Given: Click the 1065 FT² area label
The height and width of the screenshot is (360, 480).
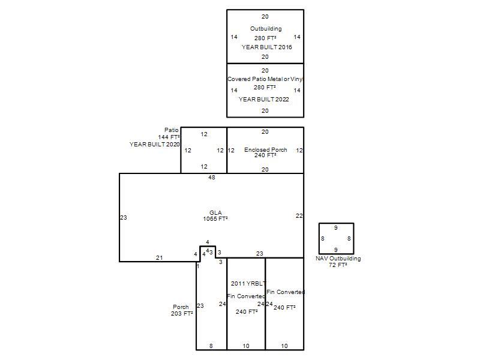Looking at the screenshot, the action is [x=215, y=218].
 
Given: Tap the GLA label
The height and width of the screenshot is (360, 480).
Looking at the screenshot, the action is [x=215, y=212].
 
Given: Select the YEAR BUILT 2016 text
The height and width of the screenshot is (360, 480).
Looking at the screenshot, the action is [x=266, y=47].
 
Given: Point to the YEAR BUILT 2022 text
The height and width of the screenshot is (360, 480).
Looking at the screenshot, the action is [x=263, y=99].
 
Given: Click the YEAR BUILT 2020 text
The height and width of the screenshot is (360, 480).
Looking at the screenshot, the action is [x=155, y=144].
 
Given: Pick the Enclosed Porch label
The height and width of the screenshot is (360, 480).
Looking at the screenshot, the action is [x=265, y=149].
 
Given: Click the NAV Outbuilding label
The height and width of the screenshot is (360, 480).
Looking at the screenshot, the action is [x=338, y=259].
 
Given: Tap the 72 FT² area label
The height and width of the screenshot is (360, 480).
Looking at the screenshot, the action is [x=338, y=265].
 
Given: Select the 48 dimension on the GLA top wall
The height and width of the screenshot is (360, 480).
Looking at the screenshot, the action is [x=212, y=177].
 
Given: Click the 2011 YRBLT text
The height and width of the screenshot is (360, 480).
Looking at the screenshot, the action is [x=248, y=283].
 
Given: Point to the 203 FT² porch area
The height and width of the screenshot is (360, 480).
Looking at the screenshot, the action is [x=182, y=313].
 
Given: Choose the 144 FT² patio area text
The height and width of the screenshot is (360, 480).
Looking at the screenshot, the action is [x=169, y=137].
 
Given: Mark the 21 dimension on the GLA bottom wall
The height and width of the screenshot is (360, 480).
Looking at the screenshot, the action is [x=159, y=258].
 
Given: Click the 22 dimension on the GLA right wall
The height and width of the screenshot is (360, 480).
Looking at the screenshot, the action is [x=299, y=216].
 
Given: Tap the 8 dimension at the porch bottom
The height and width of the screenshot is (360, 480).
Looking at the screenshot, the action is [x=211, y=346].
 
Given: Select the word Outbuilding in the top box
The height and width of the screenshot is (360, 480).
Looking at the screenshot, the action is [x=266, y=28].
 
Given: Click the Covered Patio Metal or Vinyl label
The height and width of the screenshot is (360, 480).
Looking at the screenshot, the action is [x=265, y=79].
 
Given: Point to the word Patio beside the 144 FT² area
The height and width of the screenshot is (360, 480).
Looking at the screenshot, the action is [x=172, y=130].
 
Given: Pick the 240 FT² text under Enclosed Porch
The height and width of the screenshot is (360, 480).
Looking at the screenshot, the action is [x=265, y=155].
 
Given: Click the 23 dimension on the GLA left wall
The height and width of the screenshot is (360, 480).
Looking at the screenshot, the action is [x=124, y=218].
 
